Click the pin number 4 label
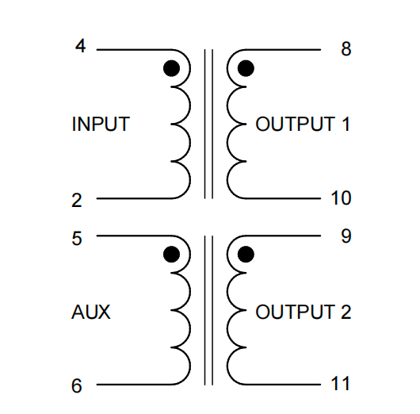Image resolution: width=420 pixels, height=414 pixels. click(x=80, y=46)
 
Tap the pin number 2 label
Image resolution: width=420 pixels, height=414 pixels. click(x=77, y=201)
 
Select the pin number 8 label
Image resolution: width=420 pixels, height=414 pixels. click(x=346, y=49)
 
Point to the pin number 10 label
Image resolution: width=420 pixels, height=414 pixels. click(x=341, y=198)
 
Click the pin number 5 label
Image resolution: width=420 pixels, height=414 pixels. click(x=77, y=239)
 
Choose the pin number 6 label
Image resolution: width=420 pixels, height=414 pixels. click(x=77, y=386)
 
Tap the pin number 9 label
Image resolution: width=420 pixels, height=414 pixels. click(x=346, y=236)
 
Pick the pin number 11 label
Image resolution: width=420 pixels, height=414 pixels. click(x=341, y=384)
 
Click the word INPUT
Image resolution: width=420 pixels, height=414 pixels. click(x=101, y=125)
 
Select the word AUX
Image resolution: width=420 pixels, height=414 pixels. click(x=91, y=312)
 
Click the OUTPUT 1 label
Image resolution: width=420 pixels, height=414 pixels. click(x=303, y=125)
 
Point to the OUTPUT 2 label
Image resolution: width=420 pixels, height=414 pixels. click(x=304, y=312)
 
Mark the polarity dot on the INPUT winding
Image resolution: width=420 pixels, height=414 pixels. click(x=171, y=68)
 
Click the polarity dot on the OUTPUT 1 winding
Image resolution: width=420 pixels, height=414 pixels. click(x=246, y=68)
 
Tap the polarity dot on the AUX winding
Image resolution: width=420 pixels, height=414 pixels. click(x=171, y=255)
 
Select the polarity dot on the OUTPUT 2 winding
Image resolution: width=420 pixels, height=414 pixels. click(x=246, y=255)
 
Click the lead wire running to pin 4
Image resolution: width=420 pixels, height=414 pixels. click(x=134, y=50)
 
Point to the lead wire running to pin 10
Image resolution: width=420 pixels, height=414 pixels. click(x=283, y=198)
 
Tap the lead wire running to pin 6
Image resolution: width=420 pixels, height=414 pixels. click(x=134, y=385)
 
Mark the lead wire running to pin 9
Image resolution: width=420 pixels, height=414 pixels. click(x=283, y=236)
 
